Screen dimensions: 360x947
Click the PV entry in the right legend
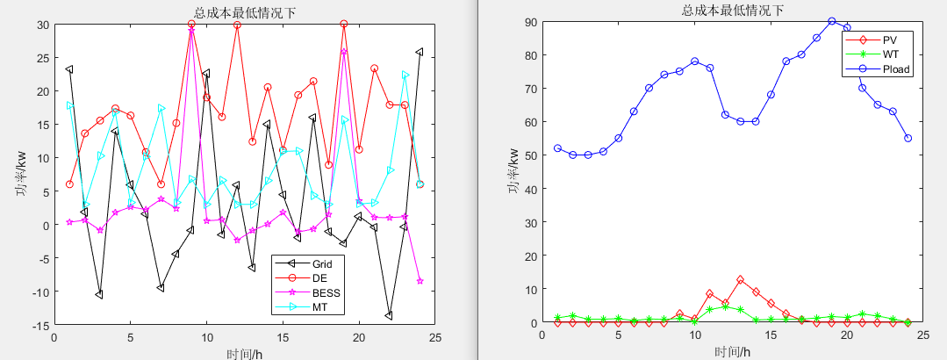pyautogui.click(x=888, y=40)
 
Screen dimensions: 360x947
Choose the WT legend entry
pyautogui.click(x=889, y=54)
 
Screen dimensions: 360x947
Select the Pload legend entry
pyautogui.click(x=895, y=69)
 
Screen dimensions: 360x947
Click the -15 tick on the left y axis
pyautogui.click(x=42, y=325)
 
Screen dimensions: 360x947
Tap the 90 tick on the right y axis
pyautogui.click(x=532, y=21)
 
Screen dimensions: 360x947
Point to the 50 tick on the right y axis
pyautogui.click(x=532, y=155)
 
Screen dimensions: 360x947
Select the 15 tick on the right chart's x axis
pyautogui.click(x=771, y=335)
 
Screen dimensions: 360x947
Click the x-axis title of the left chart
pyautogui.click(x=244, y=351)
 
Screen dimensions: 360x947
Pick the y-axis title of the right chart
pyautogui.click(x=513, y=172)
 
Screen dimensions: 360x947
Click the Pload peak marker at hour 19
pyautogui.click(x=832, y=21)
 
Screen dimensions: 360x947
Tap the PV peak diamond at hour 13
pyautogui.click(x=741, y=280)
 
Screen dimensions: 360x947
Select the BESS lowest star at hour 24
pyautogui.click(x=420, y=281)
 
